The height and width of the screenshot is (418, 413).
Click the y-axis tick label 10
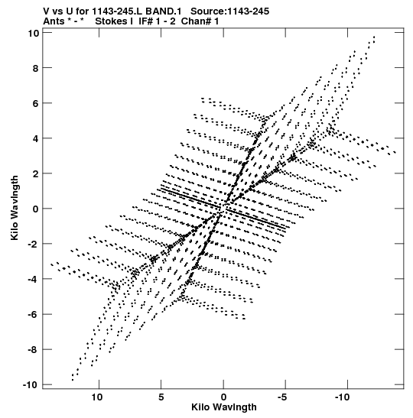(33, 33)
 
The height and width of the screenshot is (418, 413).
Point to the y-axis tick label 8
(36, 68)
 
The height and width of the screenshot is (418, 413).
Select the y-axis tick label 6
(36, 103)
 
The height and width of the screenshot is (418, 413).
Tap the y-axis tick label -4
(34, 279)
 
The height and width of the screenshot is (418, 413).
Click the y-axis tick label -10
(31, 384)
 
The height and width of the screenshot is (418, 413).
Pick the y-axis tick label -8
(34, 349)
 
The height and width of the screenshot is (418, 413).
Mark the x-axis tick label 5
(161, 397)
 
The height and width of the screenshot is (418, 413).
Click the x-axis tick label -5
(283, 397)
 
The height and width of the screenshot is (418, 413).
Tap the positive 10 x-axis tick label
(97, 397)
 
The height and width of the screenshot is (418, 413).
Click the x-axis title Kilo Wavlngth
(224, 407)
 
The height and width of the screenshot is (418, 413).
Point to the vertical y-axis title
(15, 208)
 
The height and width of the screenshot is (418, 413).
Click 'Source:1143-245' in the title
(229, 11)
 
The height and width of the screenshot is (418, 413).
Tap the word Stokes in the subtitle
(112, 21)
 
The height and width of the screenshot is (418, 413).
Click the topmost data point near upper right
(374, 37)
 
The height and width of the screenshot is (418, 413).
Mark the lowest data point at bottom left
(73, 380)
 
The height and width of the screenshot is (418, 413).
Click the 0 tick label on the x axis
(223, 397)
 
